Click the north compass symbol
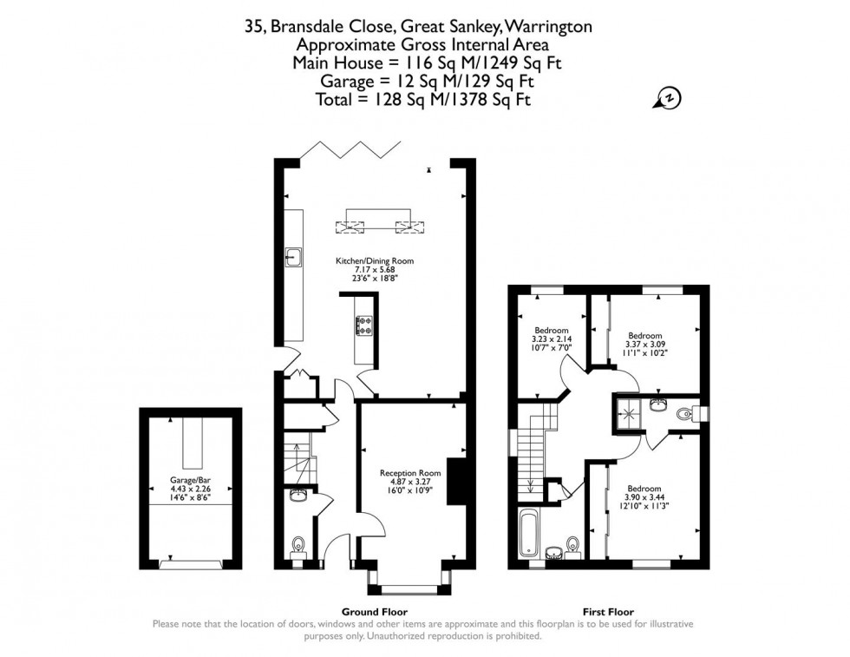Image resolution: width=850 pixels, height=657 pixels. [668, 99]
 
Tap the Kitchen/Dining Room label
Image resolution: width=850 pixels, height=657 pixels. [375, 260]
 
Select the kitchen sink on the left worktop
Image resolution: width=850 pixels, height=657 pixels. [295, 257]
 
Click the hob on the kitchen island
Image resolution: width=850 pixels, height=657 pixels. [364, 325]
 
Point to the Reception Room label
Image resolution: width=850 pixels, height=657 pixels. [410, 473]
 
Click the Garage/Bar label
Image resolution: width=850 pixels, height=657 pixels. [190, 479]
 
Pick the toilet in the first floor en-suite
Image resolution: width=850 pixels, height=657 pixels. [688, 414]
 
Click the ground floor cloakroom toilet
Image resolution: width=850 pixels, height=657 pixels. [298, 545]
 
